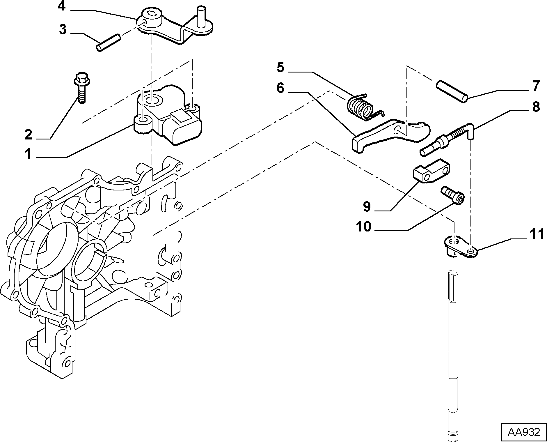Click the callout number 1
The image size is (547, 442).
[x=28, y=154]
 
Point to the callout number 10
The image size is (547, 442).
[x=364, y=227]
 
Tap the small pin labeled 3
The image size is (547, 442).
[x=109, y=43]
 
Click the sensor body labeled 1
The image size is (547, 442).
[x=167, y=116]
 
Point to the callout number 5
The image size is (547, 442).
[x=280, y=67]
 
